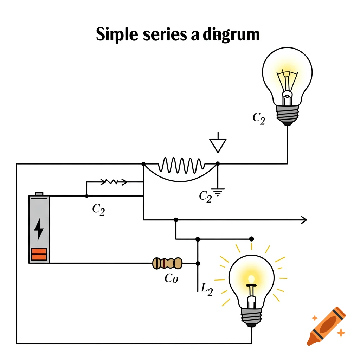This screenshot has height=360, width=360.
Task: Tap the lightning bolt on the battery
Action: coord(39,229)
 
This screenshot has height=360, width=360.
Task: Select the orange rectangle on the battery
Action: coord(39,254)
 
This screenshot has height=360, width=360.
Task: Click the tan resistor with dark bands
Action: coord(167,263)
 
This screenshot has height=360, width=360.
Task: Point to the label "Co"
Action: coord(172,279)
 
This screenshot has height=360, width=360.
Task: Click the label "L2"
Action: coord(206,290)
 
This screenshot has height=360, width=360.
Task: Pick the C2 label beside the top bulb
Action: coord(259,118)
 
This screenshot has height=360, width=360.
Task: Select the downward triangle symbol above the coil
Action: coord(218,144)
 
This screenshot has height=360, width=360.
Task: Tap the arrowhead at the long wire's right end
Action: coord(304,220)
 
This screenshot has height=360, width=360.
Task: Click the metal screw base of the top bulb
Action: coord(287,114)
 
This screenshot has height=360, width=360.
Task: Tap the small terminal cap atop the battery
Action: coord(39,194)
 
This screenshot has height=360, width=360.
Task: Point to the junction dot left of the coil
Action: coord(143,164)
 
